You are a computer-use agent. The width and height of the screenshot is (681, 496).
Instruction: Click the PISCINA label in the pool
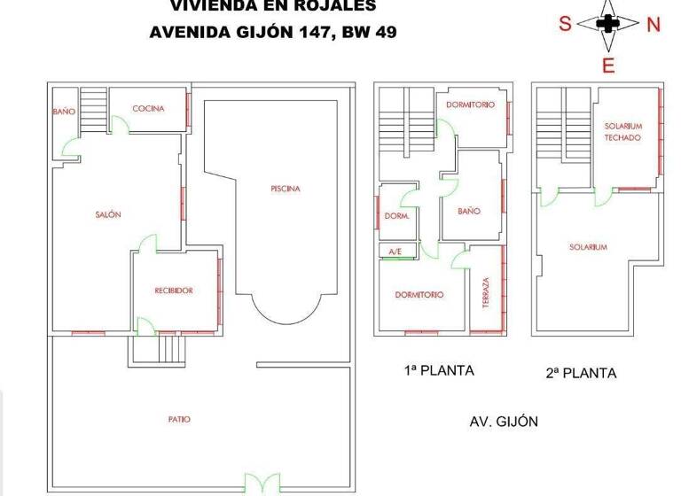pos(286,189)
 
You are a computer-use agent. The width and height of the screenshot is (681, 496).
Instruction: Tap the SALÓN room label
pos(108,214)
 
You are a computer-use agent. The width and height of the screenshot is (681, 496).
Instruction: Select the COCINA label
pos(148,109)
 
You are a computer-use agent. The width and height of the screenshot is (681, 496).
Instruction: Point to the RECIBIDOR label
pos(174,291)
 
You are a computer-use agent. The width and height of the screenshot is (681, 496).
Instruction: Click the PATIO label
pos(179,419)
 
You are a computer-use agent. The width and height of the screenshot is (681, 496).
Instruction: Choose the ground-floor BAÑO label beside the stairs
pos(64,112)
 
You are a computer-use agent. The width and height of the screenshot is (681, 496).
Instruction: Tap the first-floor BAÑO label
pos(469,212)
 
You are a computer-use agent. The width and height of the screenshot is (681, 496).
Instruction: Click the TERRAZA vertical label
pos(486,293)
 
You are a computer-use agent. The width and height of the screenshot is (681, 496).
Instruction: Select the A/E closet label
pos(395,252)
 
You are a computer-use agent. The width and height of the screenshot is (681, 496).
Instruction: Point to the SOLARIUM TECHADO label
pos(623,132)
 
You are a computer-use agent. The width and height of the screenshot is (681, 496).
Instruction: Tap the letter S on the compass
pos(564,25)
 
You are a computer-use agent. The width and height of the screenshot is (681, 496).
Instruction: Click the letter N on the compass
pos(654,25)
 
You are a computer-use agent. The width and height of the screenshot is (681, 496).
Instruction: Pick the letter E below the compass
pos(608,66)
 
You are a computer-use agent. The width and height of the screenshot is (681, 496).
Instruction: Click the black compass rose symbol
pos(607,24)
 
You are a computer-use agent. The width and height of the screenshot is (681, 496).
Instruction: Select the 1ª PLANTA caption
pos(438,371)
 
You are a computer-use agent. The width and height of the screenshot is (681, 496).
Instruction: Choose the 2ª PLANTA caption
pos(581,373)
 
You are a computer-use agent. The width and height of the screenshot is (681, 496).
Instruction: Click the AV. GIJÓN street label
pos(504,422)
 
